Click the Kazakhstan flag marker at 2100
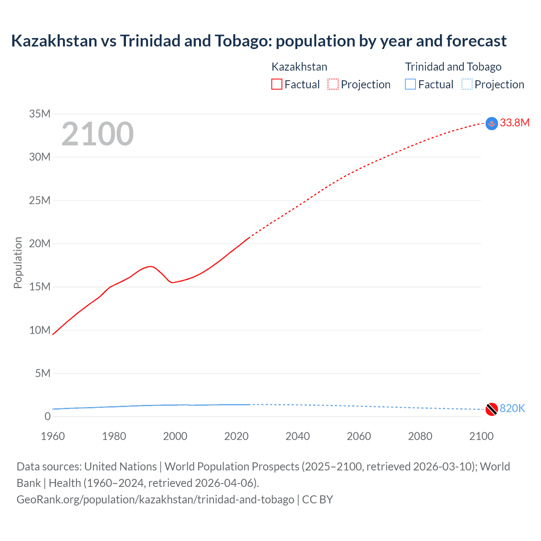tap(492, 123)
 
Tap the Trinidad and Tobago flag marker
tap(492, 409)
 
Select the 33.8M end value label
tap(514, 123)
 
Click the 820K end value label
tap(512, 408)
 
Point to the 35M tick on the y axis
tap(40, 114)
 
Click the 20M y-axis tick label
tap(40, 243)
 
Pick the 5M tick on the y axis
tap(43, 373)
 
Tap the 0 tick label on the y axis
tap(47, 416)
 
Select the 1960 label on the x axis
tap(53, 436)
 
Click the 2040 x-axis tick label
tap(298, 436)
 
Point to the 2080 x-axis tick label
tap(420, 436)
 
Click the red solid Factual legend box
tap(277, 85)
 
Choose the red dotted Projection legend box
tap(333, 85)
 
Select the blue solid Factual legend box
tap(410, 85)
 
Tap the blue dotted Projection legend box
tap(467, 85)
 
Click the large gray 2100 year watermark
tap(98, 134)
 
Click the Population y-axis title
tap(18, 262)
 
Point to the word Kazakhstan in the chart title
tap(54, 41)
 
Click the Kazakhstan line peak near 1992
tap(150, 266)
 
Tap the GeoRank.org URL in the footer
tap(156, 500)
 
